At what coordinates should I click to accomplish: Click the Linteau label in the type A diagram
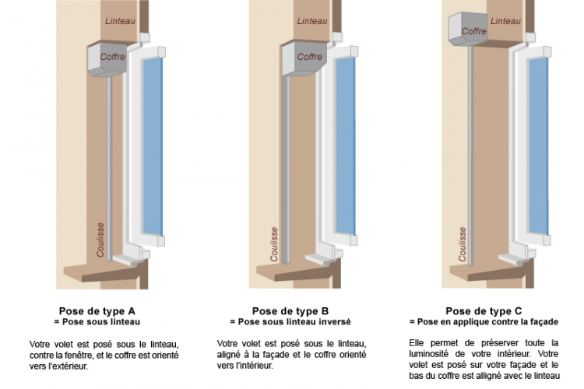coord(120,21)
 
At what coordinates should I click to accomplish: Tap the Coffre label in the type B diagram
coord(309,57)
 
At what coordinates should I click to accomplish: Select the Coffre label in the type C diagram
coord(473,31)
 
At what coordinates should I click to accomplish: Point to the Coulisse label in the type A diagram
coord(100,240)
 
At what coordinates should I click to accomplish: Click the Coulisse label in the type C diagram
coord(463,244)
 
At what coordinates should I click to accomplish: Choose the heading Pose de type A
coord(97,311)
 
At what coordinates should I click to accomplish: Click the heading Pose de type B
coord(290,311)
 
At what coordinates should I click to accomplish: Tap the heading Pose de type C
coord(484,311)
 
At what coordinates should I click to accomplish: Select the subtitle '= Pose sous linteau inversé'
coord(290,321)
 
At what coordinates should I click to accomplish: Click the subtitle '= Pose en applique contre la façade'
coord(484,321)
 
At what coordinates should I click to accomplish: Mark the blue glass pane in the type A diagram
coord(153,146)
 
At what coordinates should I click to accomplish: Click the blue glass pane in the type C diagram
coord(539,146)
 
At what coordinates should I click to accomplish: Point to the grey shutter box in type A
coord(107,60)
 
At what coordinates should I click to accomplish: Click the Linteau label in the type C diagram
coord(505,21)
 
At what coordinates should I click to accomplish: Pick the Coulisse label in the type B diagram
coord(274,244)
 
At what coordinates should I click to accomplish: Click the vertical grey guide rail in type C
coord(470,156)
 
